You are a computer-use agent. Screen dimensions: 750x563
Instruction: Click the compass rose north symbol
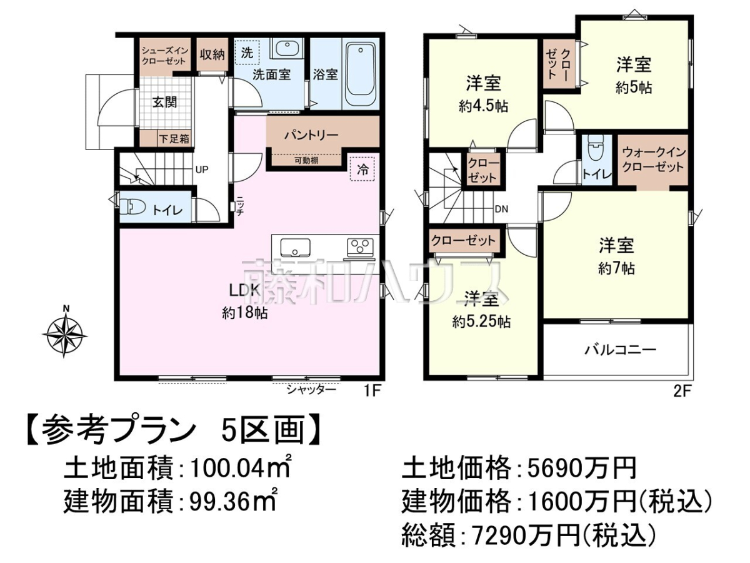64,333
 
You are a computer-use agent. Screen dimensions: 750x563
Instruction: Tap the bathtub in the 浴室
360,74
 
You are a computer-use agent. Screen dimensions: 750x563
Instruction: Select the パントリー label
312,135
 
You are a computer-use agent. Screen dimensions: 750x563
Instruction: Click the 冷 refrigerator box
362,168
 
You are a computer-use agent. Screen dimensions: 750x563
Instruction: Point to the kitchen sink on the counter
295,247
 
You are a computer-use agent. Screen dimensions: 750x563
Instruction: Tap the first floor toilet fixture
132,207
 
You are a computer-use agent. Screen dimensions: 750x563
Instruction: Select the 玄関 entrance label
164,102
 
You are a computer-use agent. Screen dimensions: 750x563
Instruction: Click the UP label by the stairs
202,169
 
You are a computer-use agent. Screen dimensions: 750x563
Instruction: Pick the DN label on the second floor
501,209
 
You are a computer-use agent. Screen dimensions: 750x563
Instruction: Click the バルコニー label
621,349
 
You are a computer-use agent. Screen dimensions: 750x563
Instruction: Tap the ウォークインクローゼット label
652,160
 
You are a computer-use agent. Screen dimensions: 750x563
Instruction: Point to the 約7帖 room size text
616,269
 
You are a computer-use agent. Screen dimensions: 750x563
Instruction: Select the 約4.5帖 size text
483,106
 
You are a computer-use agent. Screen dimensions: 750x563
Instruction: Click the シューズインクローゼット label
165,56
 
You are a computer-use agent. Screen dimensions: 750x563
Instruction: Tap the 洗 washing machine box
247,53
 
